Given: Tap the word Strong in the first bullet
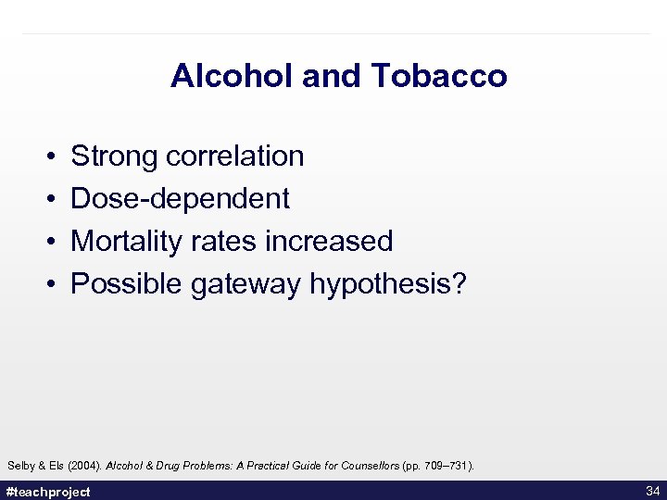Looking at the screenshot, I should point(115,156).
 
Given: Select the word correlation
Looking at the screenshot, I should point(235,156).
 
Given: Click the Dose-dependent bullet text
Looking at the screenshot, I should point(180,199).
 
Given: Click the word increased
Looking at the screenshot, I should point(329,242).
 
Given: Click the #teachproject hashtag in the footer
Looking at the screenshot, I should point(48,492).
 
